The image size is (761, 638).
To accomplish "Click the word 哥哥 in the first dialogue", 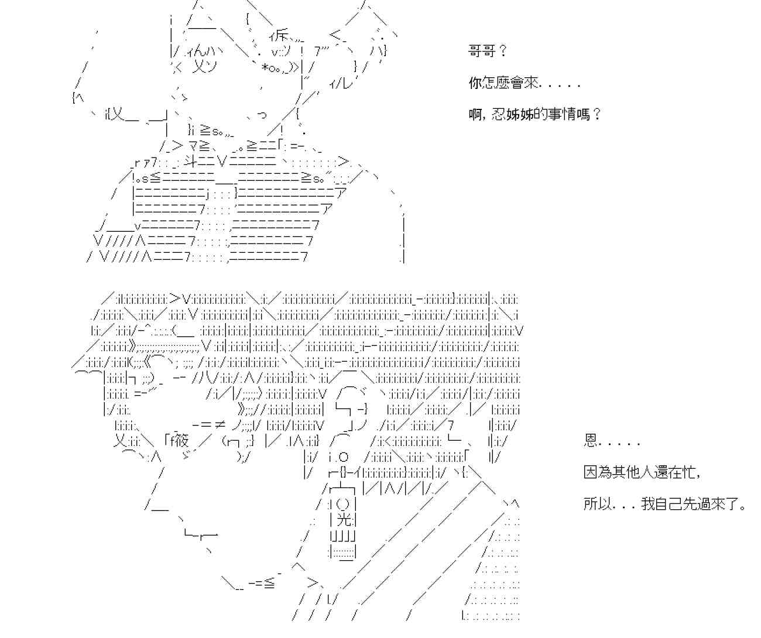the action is click(482, 52).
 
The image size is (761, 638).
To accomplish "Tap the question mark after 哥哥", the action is click(503, 52).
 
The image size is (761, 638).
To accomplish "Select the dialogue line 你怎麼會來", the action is click(503, 83).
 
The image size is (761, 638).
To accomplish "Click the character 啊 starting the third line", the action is click(475, 114).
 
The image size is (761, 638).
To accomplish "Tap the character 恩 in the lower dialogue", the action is click(590, 441).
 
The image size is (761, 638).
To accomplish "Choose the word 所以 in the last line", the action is click(598, 503).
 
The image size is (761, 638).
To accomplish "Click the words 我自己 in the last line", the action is click(661, 503).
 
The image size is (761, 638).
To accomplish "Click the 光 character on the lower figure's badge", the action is click(345, 519).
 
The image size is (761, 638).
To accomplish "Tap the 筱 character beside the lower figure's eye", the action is click(180, 440).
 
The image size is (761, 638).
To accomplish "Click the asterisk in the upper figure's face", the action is click(265, 68).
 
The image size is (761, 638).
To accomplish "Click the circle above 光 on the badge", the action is click(345, 503).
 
